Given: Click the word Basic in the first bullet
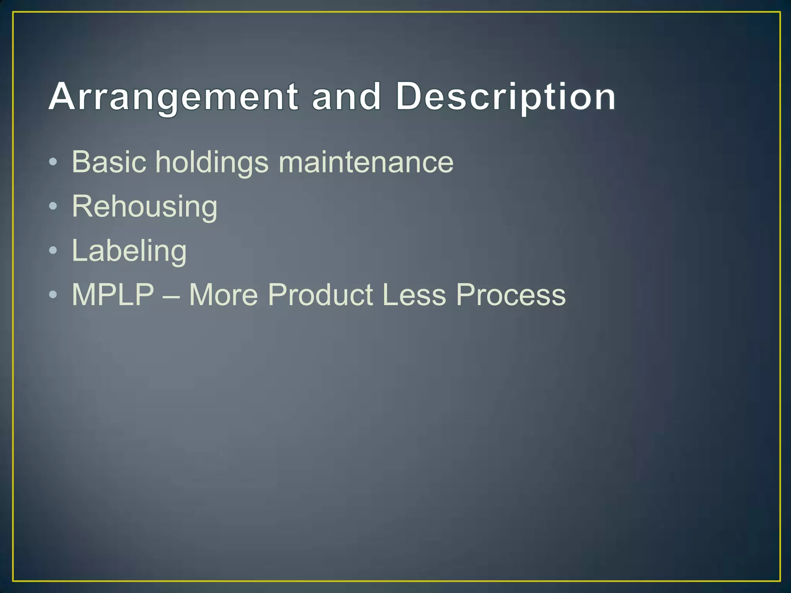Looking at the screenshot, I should coord(109,162).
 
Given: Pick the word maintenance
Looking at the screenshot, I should coord(366,162).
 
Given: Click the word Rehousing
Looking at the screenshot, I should coord(144,207).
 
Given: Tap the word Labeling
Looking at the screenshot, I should coord(129,251).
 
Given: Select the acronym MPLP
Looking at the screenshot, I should coord(113,295).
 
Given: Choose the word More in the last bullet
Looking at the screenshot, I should coord(223,295).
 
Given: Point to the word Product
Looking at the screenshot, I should coord(321,295).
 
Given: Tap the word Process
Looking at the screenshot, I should coord(511,295).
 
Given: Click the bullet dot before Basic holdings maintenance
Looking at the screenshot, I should coord(53,162).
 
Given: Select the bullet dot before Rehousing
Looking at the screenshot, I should coord(53,207).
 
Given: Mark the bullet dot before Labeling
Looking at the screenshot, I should coord(53,251).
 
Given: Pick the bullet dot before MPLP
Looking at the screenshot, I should coord(53,295).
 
